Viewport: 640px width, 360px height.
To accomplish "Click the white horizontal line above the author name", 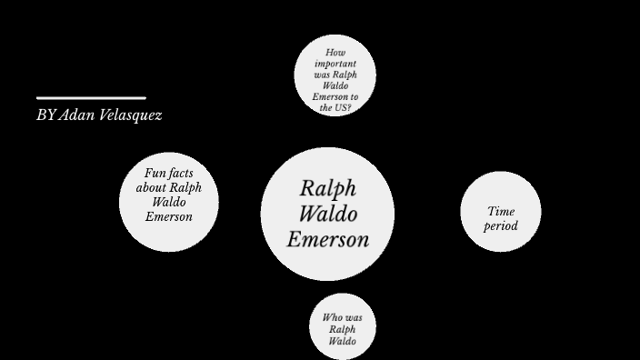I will click(91, 97).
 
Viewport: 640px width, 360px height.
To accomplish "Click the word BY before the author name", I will click(45, 115).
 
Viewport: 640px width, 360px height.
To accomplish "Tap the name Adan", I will click(78, 115).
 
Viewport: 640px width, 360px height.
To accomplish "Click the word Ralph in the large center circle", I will click(327, 189).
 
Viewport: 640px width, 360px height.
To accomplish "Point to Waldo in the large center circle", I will click(327, 215).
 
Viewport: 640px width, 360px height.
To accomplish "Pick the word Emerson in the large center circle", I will click(327, 239).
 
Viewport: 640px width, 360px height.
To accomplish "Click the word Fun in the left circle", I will click(155, 173).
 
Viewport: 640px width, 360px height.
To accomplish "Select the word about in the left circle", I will click(151, 187).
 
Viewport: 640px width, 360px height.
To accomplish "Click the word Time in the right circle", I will click(500, 211).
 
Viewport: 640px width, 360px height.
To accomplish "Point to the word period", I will click(500, 225).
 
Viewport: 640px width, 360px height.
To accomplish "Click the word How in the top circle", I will click(335, 53).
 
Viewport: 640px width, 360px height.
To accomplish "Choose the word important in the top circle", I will click(335, 64).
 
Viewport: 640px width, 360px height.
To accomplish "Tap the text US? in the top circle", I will click(342, 107).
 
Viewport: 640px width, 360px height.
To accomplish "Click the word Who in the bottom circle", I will click(333, 317).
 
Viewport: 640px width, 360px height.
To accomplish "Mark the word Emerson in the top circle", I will click(330, 96).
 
